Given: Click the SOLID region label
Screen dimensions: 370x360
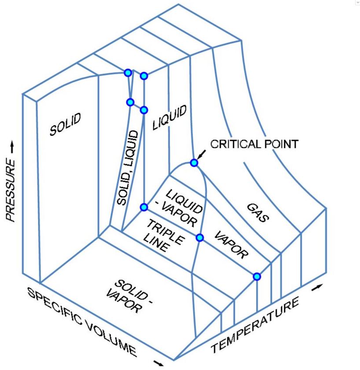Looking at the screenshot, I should pyautogui.click(x=65, y=124).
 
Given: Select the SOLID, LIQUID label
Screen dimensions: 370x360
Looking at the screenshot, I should pyautogui.click(x=129, y=167).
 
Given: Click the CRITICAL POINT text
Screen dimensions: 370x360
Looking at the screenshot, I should pyautogui.click(x=254, y=144).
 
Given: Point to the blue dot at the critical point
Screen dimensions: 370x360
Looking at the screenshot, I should pyautogui.click(x=193, y=163).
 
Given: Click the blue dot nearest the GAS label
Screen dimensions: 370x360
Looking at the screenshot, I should pyautogui.click(x=257, y=276).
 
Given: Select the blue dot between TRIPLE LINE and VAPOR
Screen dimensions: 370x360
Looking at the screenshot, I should pyautogui.click(x=200, y=237).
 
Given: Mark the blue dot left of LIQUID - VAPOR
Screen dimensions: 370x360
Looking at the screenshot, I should pyautogui.click(x=144, y=207).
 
